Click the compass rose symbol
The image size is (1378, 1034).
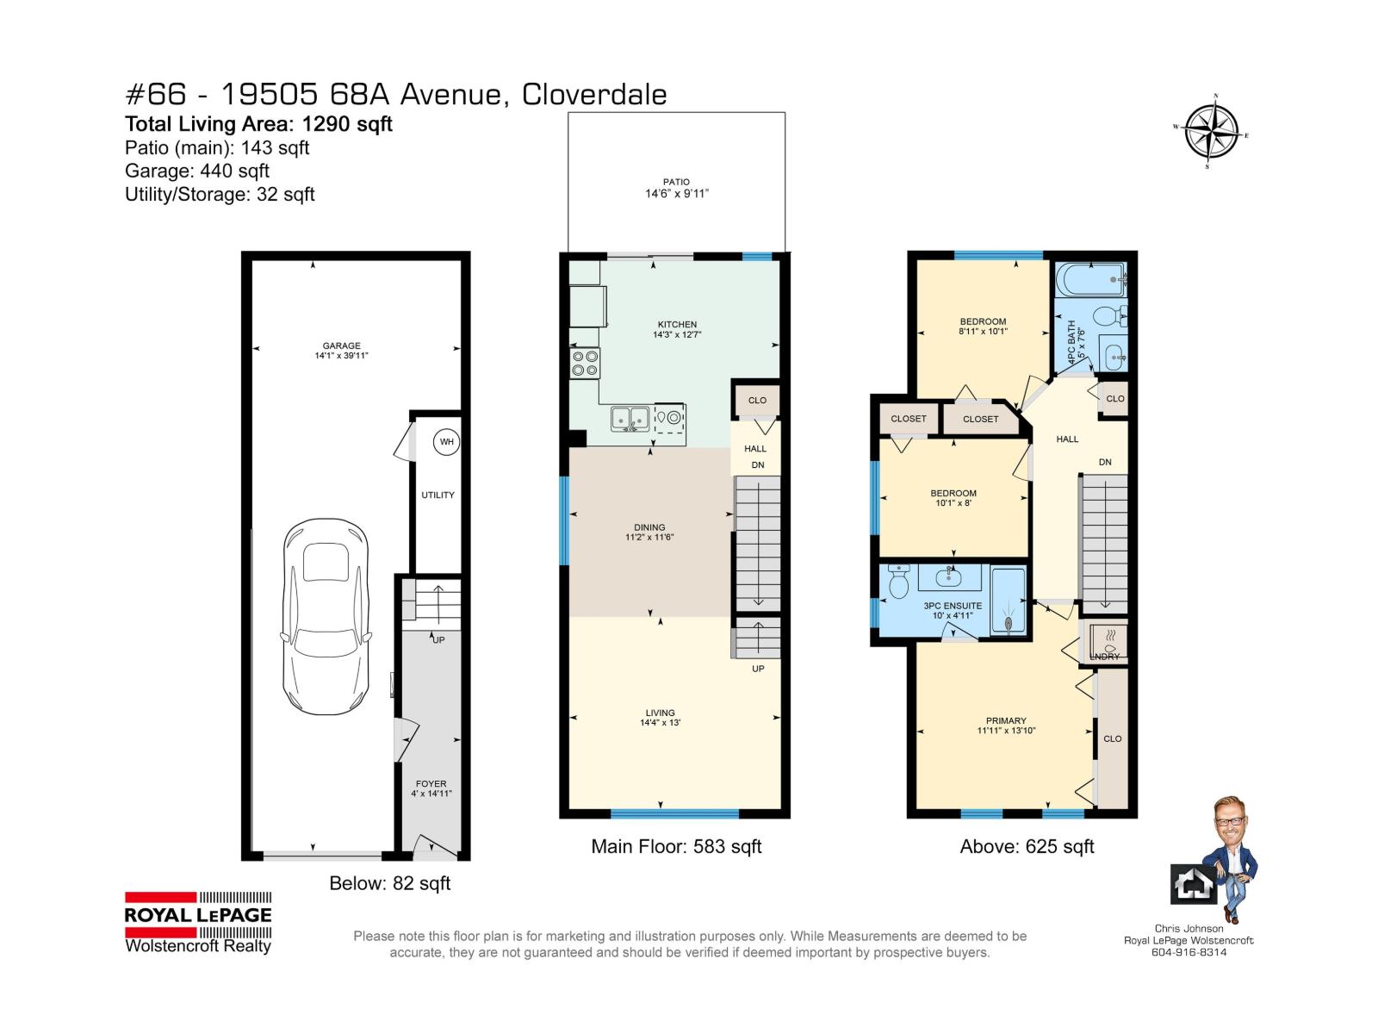(x=1211, y=132)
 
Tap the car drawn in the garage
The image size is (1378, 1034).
(x=326, y=616)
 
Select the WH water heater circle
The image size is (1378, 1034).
(x=446, y=442)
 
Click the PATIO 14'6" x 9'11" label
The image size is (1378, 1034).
(x=676, y=188)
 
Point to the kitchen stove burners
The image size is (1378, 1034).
(x=586, y=362)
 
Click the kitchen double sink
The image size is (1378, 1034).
(x=630, y=419)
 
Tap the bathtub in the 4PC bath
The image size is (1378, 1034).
(x=1090, y=280)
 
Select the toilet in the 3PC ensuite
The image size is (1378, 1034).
(x=898, y=582)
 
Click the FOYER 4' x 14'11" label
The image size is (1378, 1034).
(x=431, y=788)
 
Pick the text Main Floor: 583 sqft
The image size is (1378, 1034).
(x=676, y=846)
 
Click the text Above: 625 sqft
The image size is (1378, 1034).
(x=1027, y=846)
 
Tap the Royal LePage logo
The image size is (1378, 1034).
(x=198, y=922)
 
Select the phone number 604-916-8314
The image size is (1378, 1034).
(x=1189, y=952)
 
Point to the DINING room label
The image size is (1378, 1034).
(x=649, y=532)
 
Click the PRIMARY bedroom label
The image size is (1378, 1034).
(x=1006, y=725)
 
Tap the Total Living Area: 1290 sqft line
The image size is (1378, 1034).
(x=258, y=124)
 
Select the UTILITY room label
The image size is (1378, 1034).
(x=438, y=495)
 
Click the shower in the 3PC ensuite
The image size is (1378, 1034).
(x=1009, y=601)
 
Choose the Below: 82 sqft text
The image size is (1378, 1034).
(x=389, y=883)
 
